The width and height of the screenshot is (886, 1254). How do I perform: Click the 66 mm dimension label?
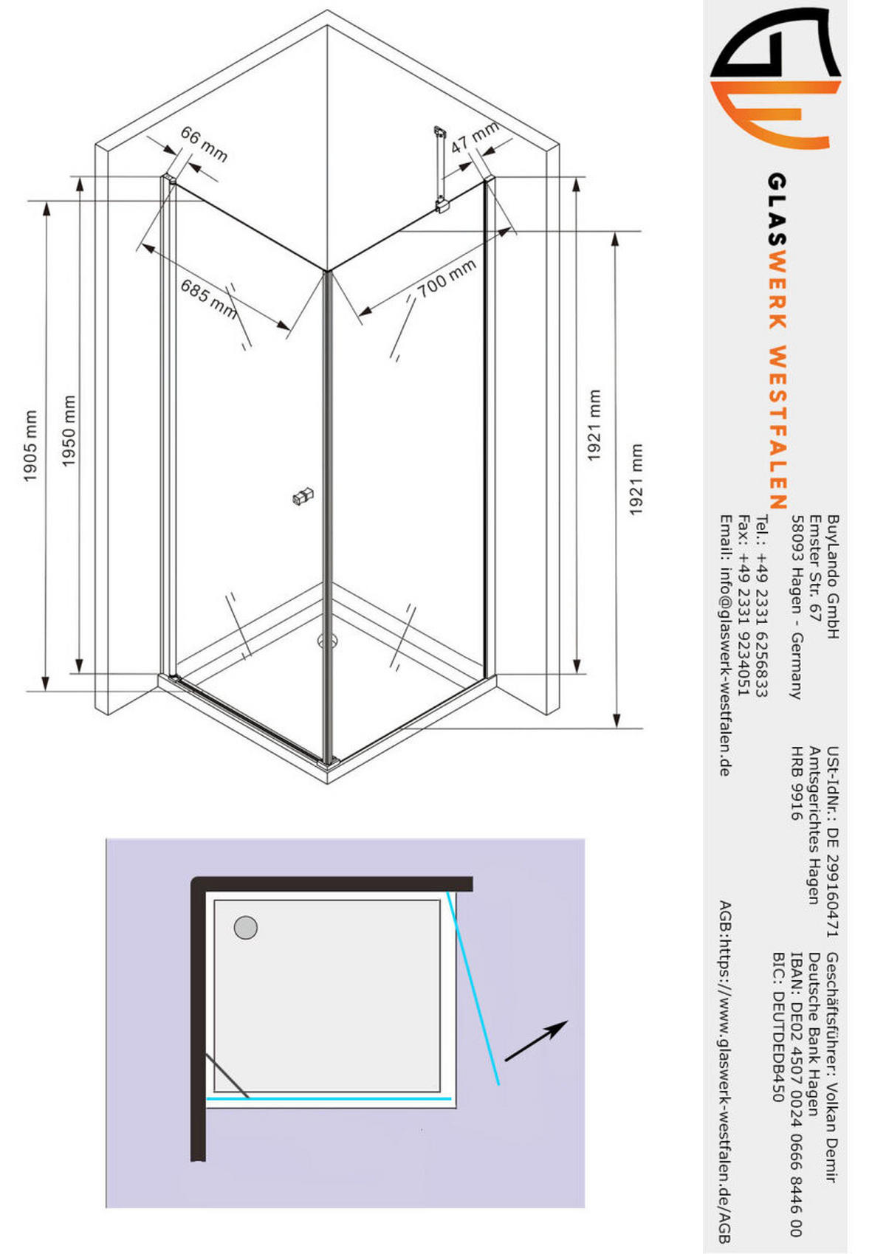[204, 145]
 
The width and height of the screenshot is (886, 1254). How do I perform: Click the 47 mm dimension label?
[475, 138]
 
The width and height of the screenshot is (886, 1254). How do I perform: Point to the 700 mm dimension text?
[446, 279]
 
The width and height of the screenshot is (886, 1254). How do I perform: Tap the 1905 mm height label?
[30, 446]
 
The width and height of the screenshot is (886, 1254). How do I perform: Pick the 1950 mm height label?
[69, 431]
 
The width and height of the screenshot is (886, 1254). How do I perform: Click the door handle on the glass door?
[303, 496]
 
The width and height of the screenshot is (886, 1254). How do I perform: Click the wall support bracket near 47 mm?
[441, 170]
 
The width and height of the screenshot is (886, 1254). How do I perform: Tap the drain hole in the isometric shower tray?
[327, 640]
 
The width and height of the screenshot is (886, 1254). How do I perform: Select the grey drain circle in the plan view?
[246, 927]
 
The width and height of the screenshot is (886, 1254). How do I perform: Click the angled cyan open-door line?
[473, 989]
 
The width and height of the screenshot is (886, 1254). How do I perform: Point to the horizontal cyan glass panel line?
[329, 1099]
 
